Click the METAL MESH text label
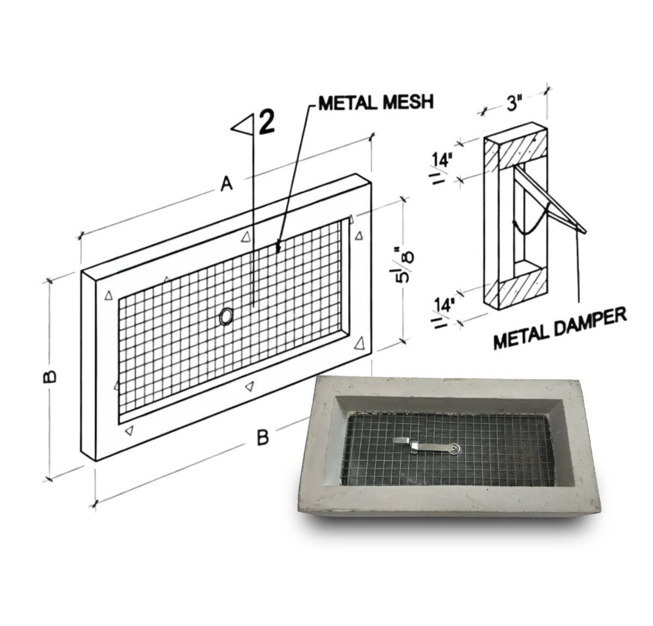pos(375,102)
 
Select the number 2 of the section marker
pos(267,122)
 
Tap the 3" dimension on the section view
pos(512,103)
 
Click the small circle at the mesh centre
pos(227,316)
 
